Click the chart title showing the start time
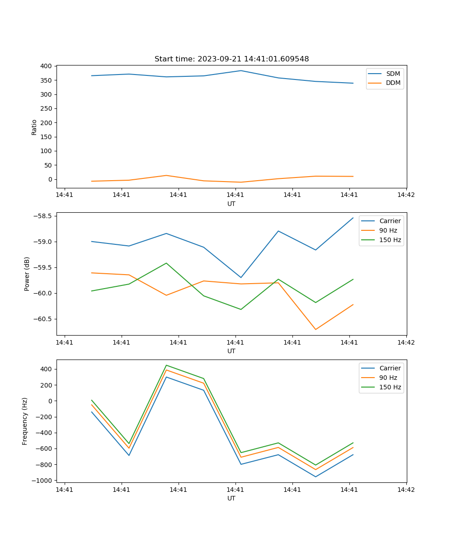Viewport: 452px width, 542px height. pos(231,59)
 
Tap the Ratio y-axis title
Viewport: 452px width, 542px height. pos(34,127)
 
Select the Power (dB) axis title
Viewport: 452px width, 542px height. pos(27,274)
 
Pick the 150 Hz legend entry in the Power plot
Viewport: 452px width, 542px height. pos(390,240)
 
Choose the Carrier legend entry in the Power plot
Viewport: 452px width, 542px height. pos(390,221)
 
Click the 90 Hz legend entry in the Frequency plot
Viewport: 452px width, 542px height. pos(388,378)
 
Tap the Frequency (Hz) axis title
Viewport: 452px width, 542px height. pos(25,421)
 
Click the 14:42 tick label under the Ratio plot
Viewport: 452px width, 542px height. pos(406,195)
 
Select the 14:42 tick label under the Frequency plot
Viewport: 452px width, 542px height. pos(406,490)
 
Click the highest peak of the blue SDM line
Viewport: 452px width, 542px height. pos(241,70)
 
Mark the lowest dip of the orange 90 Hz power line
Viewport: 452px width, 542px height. pos(315,329)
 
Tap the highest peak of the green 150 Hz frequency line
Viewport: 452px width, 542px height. pos(166,365)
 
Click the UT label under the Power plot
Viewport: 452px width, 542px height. pos(231,351)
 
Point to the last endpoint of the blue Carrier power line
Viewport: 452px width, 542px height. pos(353,218)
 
